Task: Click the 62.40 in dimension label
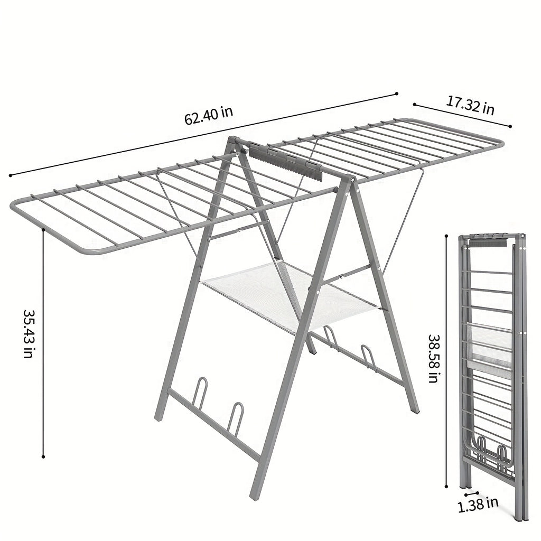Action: coord(209,115)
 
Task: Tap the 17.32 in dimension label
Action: coord(470,106)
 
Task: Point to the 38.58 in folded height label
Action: coord(434,358)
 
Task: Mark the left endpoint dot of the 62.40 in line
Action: coord(10,175)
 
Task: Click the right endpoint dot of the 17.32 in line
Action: coord(510,126)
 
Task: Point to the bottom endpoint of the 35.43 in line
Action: coord(43,456)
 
